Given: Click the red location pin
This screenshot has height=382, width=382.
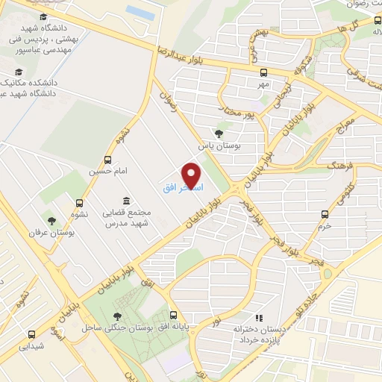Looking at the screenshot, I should point(193,175).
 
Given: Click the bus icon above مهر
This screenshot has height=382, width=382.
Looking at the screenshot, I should point(263,72).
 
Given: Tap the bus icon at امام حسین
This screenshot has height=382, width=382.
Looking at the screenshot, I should point(109,160).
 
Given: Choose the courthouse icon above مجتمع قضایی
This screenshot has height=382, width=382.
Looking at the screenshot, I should point(125,201).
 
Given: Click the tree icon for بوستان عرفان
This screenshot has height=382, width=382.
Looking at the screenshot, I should point(51,220).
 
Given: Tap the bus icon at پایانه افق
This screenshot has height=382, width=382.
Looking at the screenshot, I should point(173,315).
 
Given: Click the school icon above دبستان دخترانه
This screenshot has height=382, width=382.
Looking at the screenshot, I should point(259,318).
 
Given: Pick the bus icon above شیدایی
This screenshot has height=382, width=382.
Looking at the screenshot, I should point(31,334).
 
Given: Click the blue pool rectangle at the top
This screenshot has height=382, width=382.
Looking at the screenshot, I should point(140,12).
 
